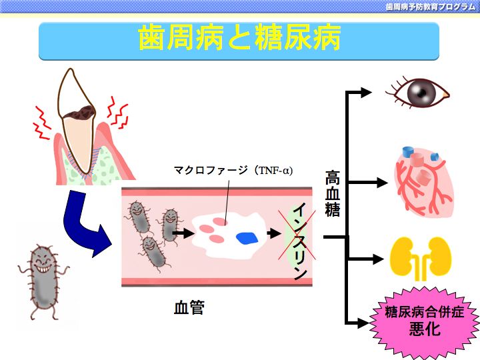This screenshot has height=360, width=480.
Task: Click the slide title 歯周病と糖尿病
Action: tap(239, 37)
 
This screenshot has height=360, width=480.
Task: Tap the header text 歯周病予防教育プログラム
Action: tap(431, 7)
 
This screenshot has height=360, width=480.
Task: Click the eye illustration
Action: tap(417, 92)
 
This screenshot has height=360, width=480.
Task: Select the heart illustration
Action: tap(424, 181)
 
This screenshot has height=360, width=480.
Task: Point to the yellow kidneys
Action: tap(421, 258)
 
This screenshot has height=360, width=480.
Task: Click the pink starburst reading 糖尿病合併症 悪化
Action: tap(425, 321)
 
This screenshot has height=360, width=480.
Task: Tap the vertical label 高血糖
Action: tap(333, 194)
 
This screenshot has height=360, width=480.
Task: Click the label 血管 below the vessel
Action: tap(189, 307)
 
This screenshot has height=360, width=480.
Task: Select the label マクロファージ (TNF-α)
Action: tap(233, 170)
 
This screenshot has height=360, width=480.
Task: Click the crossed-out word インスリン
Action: tap(300, 241)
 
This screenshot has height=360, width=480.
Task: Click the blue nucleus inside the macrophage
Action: tap(247, 239)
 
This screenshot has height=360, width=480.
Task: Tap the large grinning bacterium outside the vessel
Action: tap(43, 281)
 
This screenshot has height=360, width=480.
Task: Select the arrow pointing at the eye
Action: tap(359, 92)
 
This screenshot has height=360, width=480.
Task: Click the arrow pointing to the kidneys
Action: tap(365, 259)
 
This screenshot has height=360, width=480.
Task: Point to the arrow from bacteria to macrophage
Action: tap(183, 233)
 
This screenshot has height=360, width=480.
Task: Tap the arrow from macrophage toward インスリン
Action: tap(274, 233)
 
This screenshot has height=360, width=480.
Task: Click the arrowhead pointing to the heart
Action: tap(382, 183)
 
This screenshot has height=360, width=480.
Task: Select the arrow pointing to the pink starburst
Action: tap(357, 323)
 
